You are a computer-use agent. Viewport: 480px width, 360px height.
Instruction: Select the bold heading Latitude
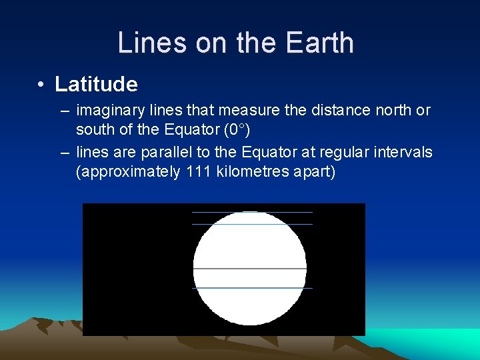[x=96, y=85]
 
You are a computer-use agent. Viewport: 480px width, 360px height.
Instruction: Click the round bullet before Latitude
[x=41, y=85]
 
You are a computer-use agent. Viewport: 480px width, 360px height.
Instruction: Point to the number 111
[x=198, y=171]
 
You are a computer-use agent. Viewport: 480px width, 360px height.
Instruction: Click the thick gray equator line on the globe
[x=250, y=269]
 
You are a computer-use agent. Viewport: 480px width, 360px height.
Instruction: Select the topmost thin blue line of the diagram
[x=252, y=212]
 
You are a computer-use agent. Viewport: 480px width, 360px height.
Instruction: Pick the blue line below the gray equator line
[x=252, y=288]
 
